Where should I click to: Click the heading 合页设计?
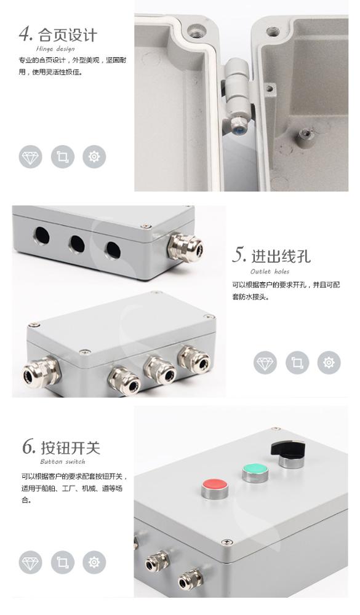click(x=68, y=34)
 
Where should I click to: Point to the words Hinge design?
click(x=56, y=49)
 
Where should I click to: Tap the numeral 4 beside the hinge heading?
click(x=26, y=33)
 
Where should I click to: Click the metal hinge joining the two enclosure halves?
click(x=238, y=93)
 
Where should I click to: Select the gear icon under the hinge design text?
click(x=94, y=156)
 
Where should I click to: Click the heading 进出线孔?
click(x=281, y=255)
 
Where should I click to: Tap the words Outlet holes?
click(x=270, y=271)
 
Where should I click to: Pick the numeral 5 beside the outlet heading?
click(x=239, y=255)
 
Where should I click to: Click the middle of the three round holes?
click(x=76, y=244)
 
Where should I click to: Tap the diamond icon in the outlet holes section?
click(x=265, y=363)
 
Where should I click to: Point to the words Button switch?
click(x=63, y=461)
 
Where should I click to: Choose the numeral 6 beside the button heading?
click(x=28, y=446)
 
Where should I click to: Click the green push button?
click(x=255, y=472)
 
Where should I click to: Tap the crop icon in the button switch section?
click(x=62, y=562)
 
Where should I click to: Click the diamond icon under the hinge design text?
click(x=30, y=156)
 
